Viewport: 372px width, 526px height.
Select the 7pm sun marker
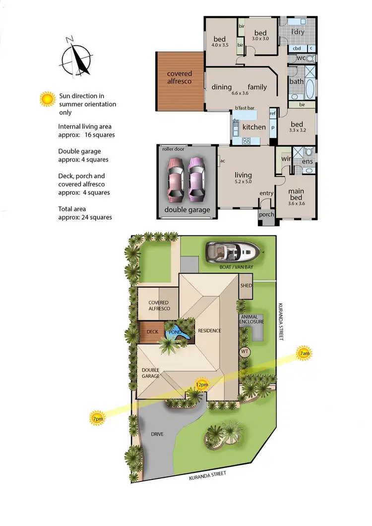(x=97, y=419)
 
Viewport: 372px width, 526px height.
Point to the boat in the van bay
(x=234, y=253)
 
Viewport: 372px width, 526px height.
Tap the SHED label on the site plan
(x=246, y=286)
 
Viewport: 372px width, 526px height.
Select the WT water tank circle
(x=244, y=351)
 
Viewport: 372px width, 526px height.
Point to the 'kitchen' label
(x=254, y=127)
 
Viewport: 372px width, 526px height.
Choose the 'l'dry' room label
(x=298, y=32)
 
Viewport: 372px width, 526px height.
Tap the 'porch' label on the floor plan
(x=266, y=215)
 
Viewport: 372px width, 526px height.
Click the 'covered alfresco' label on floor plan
(x=179, y=77)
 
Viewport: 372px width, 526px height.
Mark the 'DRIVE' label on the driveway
(x=157, y=434)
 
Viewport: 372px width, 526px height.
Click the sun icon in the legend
(x=48, y=99)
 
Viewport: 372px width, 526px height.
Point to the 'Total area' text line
(x=85, y=213)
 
